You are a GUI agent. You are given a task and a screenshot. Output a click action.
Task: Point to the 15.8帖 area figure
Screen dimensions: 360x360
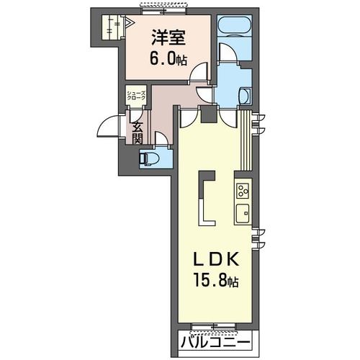coord(213,280)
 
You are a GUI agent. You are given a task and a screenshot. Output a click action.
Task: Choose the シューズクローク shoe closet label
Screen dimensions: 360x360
coord(136,95)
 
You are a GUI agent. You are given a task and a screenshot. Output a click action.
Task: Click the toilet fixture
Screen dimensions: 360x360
coord(148,158)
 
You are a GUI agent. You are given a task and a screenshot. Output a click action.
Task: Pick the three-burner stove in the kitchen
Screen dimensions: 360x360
coord(240,191)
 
